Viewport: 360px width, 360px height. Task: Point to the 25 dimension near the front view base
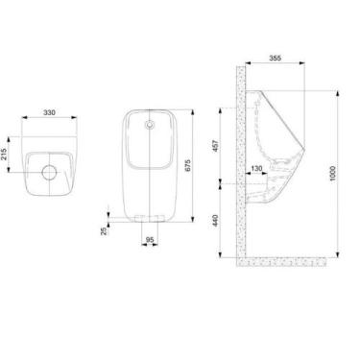coord(104,230)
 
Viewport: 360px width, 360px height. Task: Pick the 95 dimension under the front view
coord(149,241)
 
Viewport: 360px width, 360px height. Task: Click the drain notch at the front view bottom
coord(150,220)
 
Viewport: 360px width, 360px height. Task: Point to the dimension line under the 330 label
coord(49,119)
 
